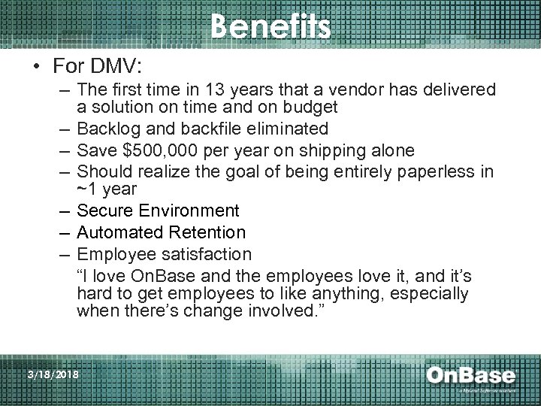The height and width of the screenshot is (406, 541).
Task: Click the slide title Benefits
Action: point(270,27)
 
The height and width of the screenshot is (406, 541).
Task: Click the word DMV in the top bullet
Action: point(134,66)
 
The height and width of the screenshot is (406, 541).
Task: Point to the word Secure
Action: point(105,211)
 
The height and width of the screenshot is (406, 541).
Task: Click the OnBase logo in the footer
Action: point(471,377)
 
